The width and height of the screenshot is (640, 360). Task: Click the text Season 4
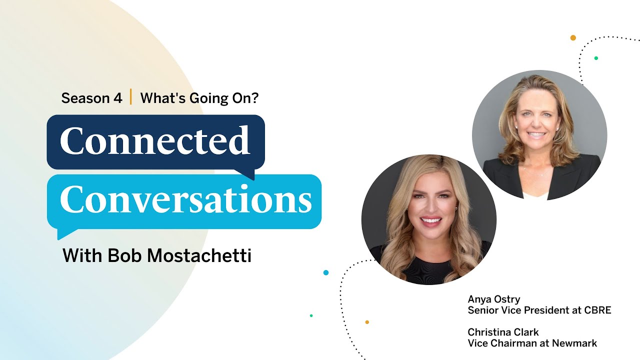pos(91,98)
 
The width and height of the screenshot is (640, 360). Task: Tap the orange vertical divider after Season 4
pos(131,97)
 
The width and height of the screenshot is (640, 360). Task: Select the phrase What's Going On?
pos(199,98)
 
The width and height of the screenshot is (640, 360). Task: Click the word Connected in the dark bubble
pos(154,140)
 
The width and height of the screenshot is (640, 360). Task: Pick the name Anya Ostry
pos(494,299)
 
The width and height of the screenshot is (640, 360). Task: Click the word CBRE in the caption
pos(597,310)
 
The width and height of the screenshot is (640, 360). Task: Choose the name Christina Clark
pos(503,332)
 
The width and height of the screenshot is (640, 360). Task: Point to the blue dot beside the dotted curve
pos(326,272)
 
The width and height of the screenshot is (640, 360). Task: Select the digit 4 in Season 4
pos(117,98)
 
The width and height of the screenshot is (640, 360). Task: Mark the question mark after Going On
pos(255,98)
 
